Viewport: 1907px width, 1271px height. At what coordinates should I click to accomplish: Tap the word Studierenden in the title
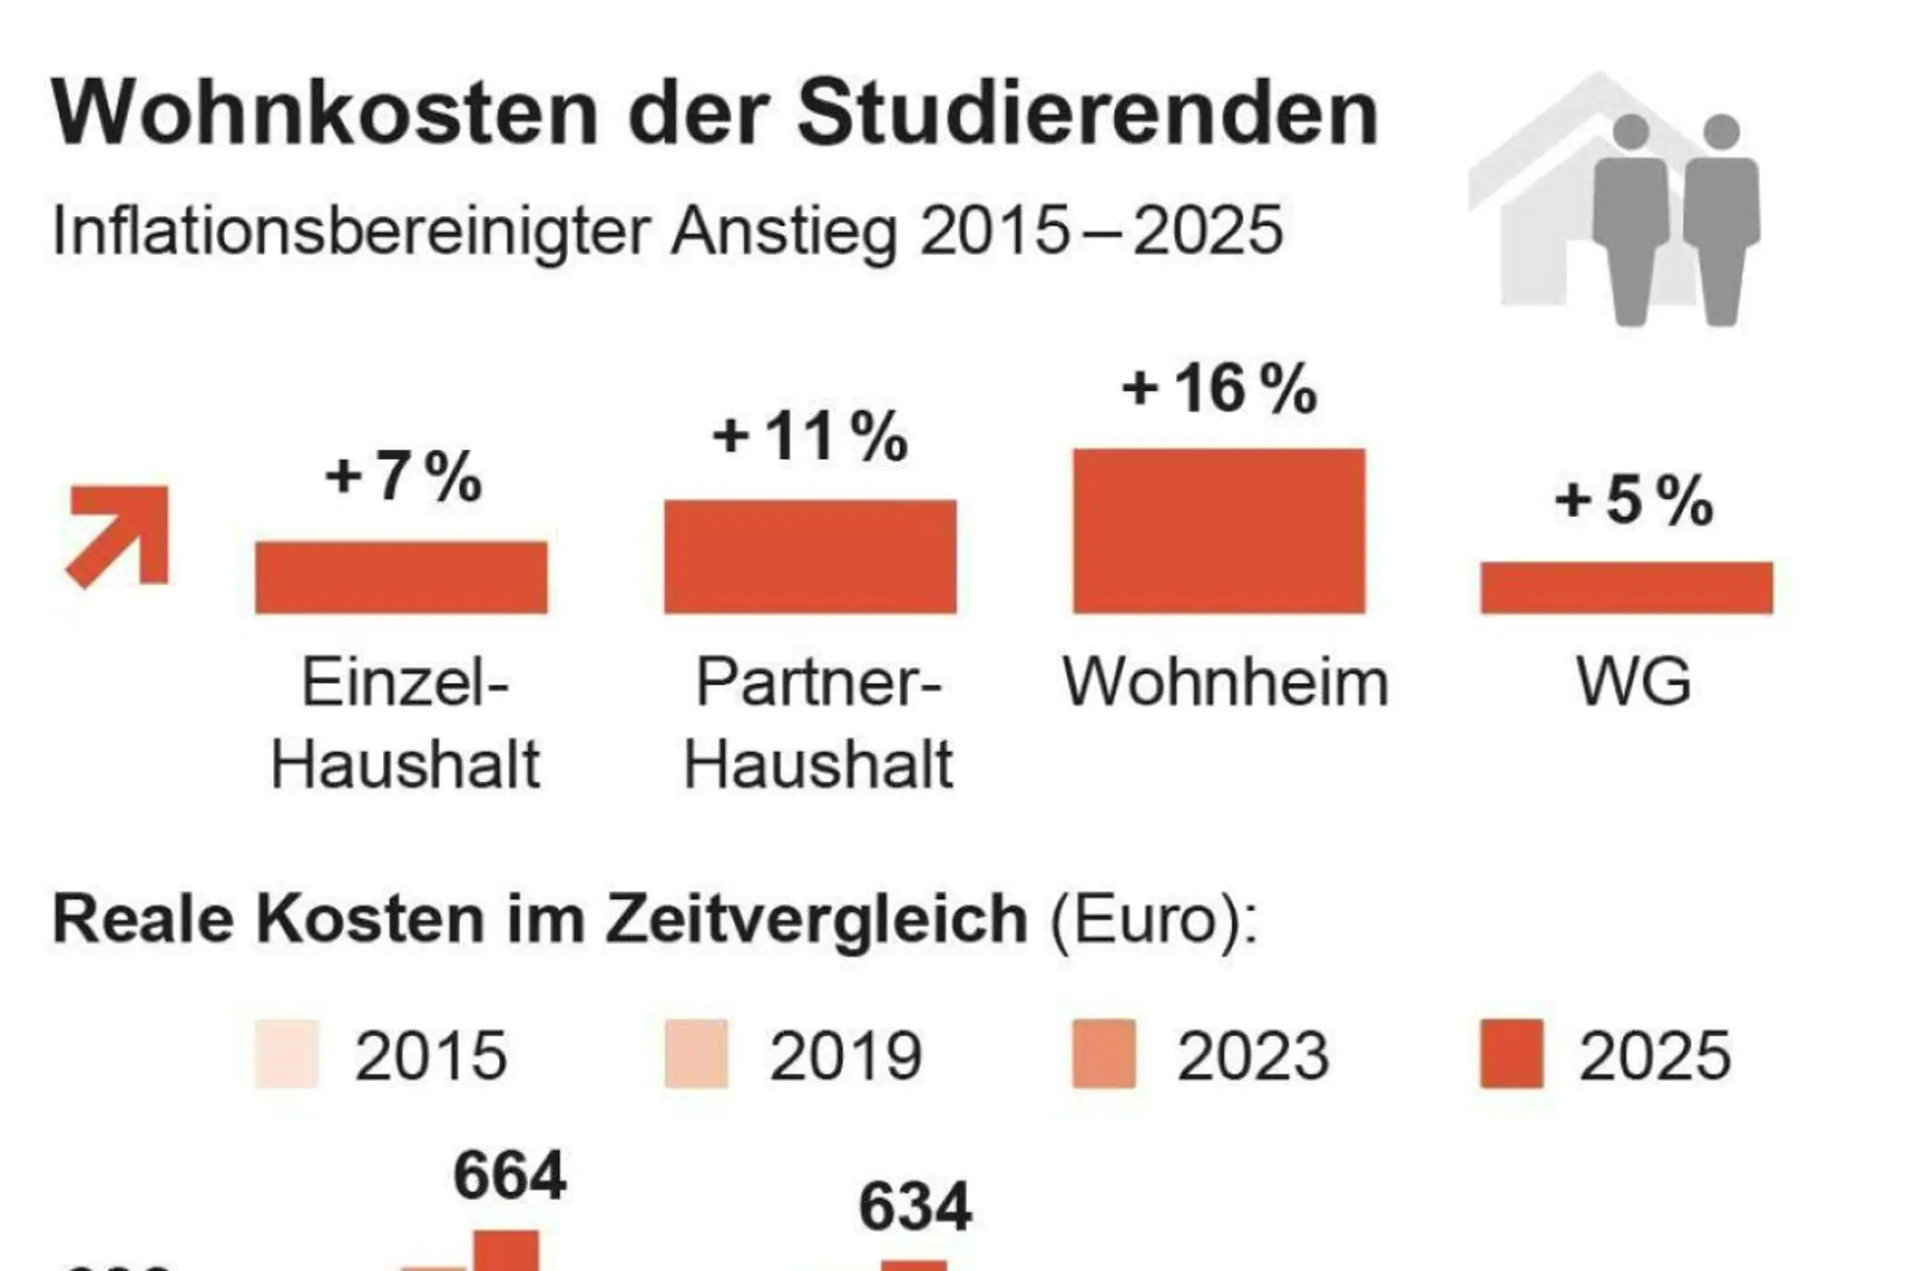pos(1088,113)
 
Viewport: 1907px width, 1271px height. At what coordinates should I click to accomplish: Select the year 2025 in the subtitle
pos(1208,231)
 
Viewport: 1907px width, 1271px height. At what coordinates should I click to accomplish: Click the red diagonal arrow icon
pos(119,535)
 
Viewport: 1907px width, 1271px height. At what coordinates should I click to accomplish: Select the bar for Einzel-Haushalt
pos(402,577)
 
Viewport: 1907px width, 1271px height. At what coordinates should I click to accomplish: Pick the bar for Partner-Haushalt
pos(810,556)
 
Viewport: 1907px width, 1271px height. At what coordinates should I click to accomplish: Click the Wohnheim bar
pos(1219,531)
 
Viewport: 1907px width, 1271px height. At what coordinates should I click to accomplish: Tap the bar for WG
pos(1626,587)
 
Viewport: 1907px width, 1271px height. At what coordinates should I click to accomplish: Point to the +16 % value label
pos(1219,389)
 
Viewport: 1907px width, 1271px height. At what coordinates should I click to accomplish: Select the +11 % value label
pos(810,437)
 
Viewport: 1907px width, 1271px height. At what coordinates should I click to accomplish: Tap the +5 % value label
pos(1633,501)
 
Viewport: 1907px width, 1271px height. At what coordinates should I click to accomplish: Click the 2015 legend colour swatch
pos(286,1054)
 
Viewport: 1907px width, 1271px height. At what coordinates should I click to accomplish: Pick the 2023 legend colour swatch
pos(1103,1054)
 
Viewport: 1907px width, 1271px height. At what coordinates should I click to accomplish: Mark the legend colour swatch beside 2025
pos(1511,1054)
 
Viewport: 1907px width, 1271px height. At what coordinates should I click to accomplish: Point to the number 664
pos(510,1176)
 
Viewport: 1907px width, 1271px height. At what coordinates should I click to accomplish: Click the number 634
pos(915,1207)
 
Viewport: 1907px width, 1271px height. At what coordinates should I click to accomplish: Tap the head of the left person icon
pos(1631,131)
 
